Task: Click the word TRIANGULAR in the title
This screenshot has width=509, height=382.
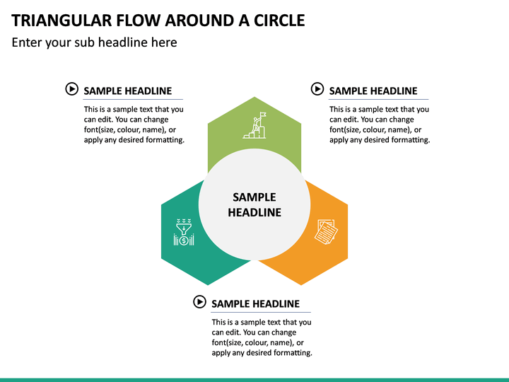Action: (x=62, y=21)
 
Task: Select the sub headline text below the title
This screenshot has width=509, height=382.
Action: (x=94, y=42)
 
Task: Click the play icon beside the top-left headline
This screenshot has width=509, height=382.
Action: (x=71, y=88)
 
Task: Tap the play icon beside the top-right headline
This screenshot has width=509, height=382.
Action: (x=317, y=88)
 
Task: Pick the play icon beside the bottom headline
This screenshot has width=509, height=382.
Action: (x=199, y=302)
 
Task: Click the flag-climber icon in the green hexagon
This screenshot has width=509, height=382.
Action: (x=255, y=125)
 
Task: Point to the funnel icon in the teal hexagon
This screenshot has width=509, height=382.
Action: (x=184, y=232)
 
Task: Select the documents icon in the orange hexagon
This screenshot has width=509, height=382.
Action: (x=326, y=231)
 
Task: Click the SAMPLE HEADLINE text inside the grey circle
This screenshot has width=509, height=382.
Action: (x=255, y=204)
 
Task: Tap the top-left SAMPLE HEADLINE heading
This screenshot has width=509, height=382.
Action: (x=127, y=91)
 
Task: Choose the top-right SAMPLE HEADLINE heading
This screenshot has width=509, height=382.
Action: (x=373, y=91)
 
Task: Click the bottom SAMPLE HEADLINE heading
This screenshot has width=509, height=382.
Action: (x=255, y=303)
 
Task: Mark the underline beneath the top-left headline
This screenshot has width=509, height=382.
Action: (x=133, y=100)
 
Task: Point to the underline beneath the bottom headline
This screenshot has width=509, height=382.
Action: (x=261, y=312)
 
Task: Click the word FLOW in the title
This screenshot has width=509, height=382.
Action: (x=139, y=21)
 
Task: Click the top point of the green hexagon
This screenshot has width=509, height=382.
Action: (x=255, y=97)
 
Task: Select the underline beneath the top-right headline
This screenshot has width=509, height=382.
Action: (x=378, y=100)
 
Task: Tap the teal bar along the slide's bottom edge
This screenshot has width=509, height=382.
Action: (x=255, y=380)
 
